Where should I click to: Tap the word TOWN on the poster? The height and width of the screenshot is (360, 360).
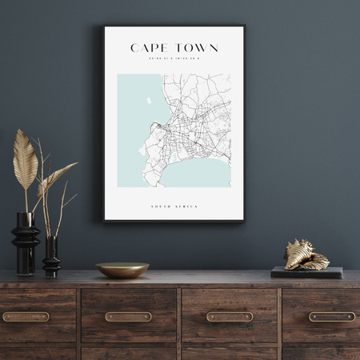tap(197, 48)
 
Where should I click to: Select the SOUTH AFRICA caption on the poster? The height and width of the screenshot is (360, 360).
tap(174, 206)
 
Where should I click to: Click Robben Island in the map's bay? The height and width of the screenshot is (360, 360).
tap(149, 101)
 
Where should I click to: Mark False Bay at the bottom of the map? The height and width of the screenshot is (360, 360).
tap(196, 174)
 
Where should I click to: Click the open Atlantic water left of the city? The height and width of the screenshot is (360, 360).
tap(133, 120)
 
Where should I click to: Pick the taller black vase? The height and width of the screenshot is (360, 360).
tap(25, 240)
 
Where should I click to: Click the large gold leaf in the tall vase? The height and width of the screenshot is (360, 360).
tap(25, 159)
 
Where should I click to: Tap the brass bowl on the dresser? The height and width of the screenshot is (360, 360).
tap(122, 270)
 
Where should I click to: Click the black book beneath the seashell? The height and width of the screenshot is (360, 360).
tap(306, 272)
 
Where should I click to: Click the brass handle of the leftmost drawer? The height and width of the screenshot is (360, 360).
tap(26, 317)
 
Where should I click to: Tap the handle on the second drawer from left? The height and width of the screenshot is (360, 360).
tap(128, 317)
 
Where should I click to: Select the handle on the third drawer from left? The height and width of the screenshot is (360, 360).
tap(230, 317)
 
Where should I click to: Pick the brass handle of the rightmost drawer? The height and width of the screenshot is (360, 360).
tap(332, 317)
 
